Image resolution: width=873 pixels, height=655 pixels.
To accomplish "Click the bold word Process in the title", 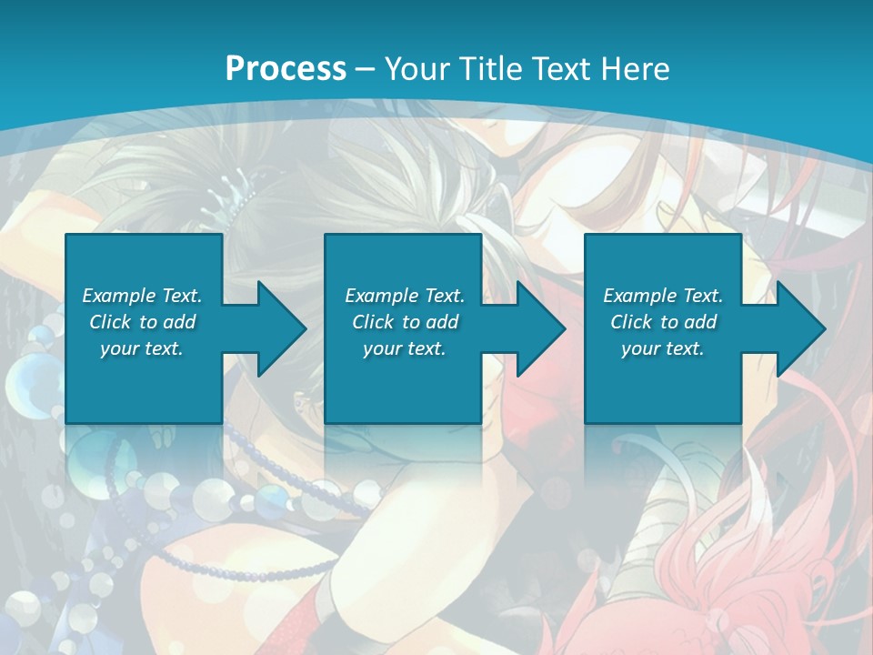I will click(286, 69).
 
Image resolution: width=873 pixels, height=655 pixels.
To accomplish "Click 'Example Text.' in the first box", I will click(142, 296).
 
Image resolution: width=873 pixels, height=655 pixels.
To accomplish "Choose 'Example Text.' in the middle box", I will click(404, 296).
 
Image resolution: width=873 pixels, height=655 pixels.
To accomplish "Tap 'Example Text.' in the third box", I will click(663, 296).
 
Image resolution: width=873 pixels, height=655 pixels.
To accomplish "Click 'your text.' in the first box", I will click(142, 348).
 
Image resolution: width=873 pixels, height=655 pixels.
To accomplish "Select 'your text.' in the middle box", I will click(404, 348).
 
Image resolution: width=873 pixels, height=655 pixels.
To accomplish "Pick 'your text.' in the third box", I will click(663, 348).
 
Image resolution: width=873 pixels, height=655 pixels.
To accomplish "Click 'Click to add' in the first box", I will click(142, 322).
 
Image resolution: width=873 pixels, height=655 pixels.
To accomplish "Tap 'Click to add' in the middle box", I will click(404, 322).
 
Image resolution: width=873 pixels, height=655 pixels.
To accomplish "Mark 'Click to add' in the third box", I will click(663, 322).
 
